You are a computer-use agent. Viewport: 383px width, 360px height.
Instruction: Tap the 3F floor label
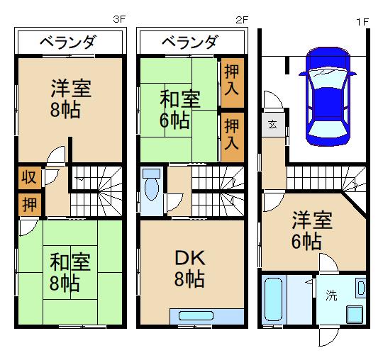121,21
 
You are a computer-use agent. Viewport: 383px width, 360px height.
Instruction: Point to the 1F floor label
362,21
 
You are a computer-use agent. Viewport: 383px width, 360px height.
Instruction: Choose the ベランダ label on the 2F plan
189,43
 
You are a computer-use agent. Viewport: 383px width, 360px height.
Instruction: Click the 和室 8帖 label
65,273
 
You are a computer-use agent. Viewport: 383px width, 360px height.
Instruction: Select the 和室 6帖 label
174,110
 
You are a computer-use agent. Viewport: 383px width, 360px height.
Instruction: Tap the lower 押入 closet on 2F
231,134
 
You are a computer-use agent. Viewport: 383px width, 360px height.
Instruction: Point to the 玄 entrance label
273,125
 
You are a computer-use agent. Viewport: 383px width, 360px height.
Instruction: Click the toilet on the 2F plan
150,188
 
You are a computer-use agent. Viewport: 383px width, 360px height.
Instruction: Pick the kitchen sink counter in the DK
204,315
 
